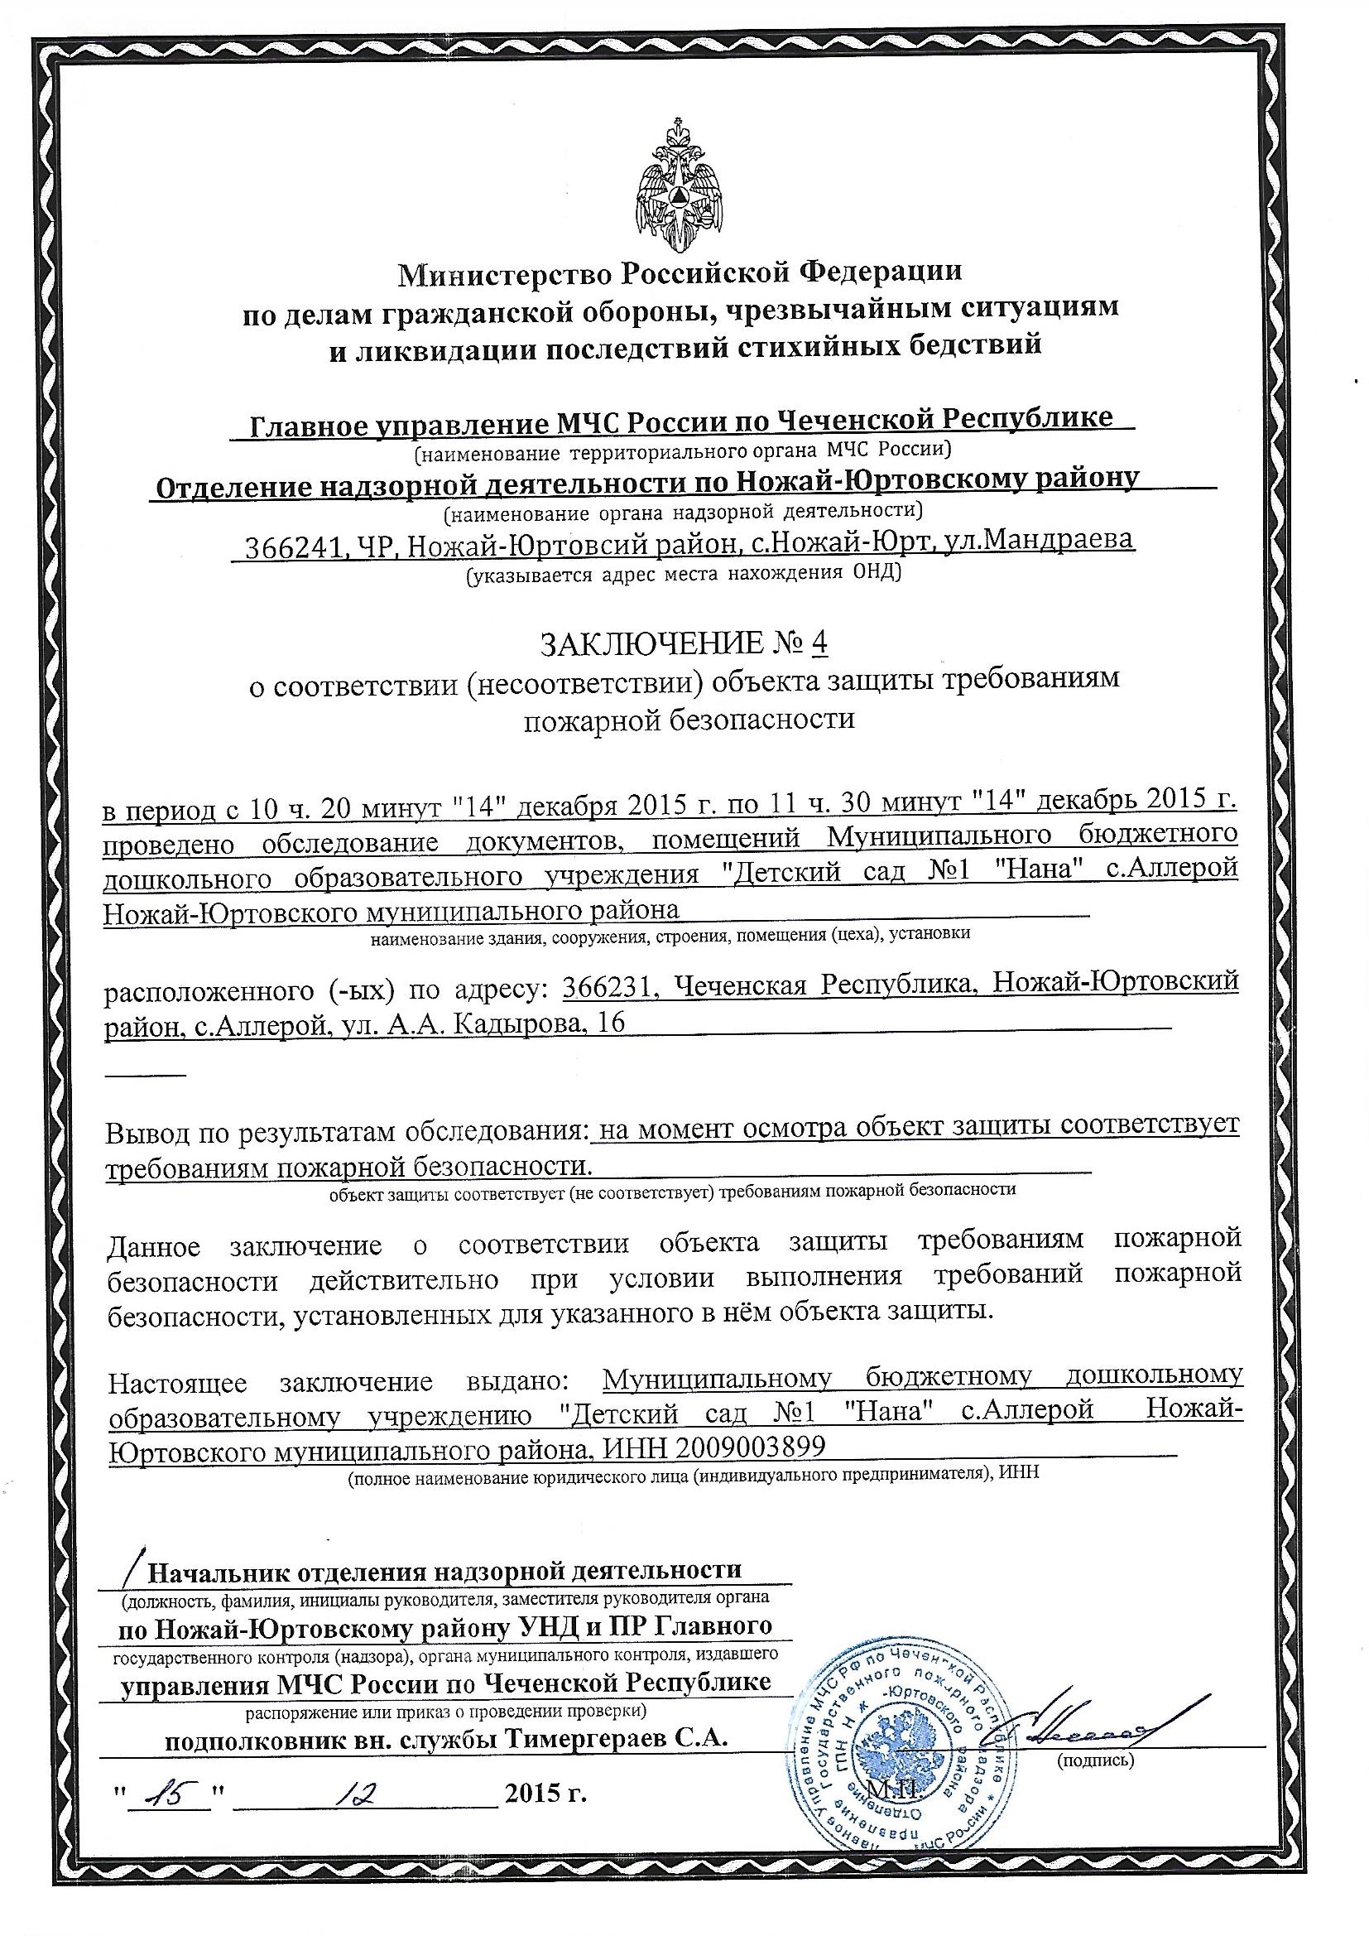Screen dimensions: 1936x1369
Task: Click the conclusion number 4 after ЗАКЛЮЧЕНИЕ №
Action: [x=818, y=644]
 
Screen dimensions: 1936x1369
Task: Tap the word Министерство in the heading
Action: [x=505, y=274]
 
